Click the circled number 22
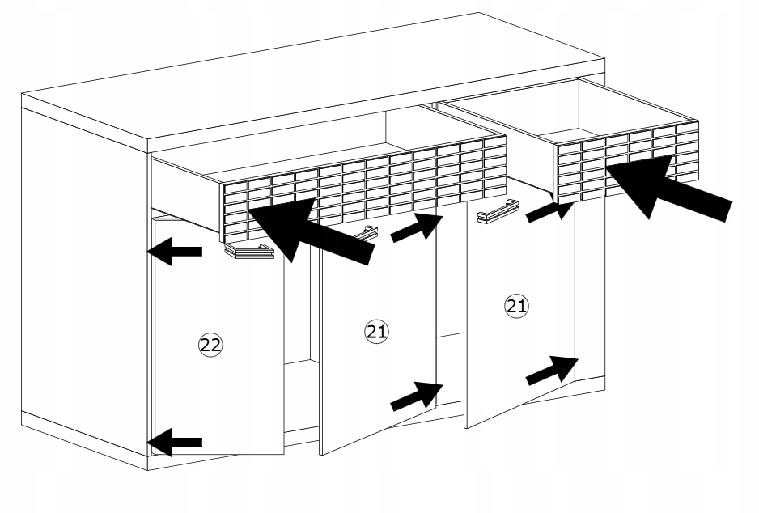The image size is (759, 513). [x=210, y=345]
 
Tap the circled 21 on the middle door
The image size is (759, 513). [x=377, y=331]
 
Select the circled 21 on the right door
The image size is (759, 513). [x=515, y=306]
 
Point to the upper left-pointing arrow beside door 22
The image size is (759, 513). [x=173, y=252]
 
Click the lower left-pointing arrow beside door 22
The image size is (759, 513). [x=173, y=441]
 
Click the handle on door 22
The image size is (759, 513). [x=248, y=252]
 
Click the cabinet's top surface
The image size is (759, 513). [x=324, y=81]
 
